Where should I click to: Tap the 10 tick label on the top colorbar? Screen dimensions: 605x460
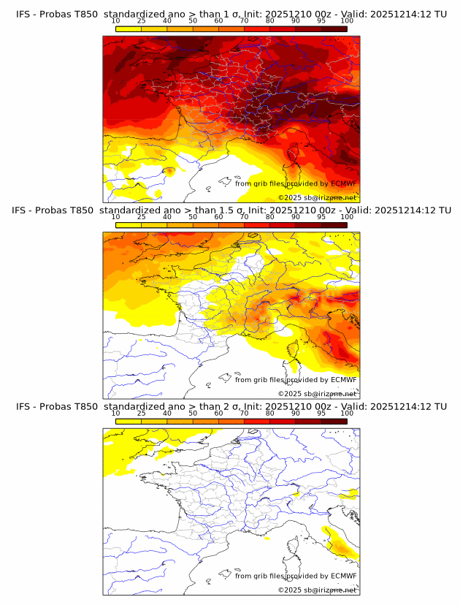(x=115, y=21)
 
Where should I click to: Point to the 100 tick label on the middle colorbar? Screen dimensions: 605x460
(x=347, y=217)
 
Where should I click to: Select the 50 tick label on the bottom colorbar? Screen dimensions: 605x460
(x=193, y=413)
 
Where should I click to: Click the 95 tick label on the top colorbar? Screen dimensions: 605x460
(x=321, y=21)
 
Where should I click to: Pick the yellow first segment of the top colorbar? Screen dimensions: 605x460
(x=128, y=28)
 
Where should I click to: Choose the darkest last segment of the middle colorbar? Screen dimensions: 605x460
(x=334, y=225)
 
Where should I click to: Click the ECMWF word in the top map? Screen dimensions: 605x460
(x=344, y=184)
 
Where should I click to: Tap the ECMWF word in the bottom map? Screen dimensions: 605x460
(x=344, y=576)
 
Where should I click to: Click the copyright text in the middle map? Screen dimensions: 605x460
(x=317, y=394)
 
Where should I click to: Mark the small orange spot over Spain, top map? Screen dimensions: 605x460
(x=169, y=171)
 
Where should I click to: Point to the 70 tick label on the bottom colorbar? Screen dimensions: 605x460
(x=244, y=413)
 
